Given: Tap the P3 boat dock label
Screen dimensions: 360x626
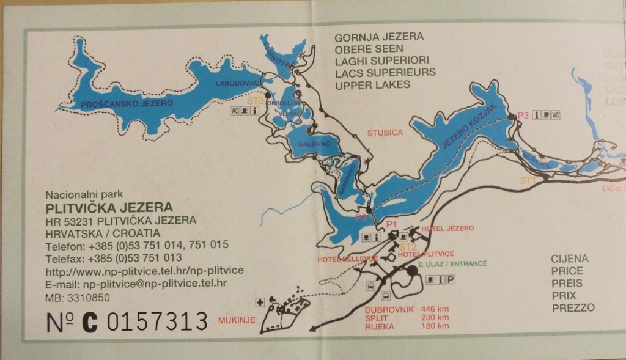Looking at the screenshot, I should [523, 114].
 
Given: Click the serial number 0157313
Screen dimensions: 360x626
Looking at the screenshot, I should [158, 321].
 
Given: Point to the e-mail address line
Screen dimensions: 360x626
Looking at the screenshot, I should [136, 284].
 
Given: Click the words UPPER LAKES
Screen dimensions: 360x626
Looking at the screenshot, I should [373, 84].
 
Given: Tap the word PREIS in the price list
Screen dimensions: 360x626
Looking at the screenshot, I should [567, 283].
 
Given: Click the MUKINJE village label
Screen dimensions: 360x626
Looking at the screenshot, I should [236, 319].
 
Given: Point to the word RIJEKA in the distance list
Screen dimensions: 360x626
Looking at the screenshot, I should [379, 326].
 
